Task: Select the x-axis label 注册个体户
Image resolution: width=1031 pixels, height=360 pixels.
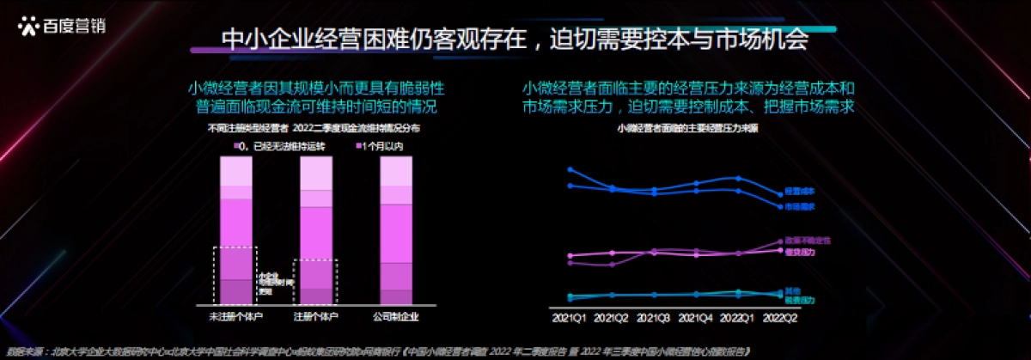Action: point(316,318)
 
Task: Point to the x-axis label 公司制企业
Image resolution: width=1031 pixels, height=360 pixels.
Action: point(396,318)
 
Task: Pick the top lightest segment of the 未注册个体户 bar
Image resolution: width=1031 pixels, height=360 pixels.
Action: point(236,174)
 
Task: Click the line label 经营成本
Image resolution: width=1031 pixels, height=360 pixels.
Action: point(800,191)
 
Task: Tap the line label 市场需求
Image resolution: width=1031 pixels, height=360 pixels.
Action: point(800,207)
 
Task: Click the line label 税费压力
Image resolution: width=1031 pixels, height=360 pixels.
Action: point(800,300)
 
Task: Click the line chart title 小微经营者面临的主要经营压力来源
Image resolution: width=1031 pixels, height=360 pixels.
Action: point(686,128)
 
